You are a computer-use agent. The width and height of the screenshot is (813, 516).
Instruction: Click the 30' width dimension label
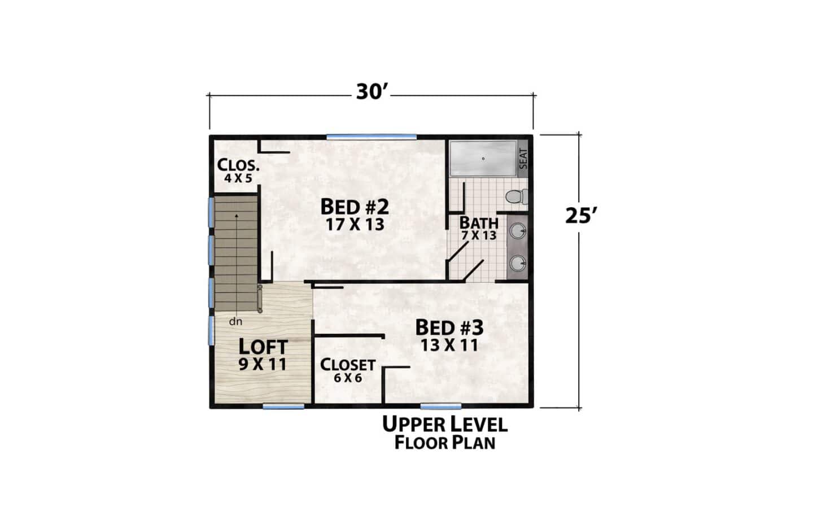pyautogui.click(x=372, y=92)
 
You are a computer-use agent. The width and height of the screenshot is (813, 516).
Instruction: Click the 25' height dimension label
pyautogui.click(x=581, y=216)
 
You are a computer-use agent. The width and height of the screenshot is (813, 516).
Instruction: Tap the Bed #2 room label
pyautogui.click(x=355, y=207)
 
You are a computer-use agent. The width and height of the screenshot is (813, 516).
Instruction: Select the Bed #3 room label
pyautogui.click(x=449, y=327)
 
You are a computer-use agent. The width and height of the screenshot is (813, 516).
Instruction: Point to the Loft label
pyautogui.click(x=263, y=347)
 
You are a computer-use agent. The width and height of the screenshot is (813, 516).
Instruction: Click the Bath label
pyautogui.click(x=479, y=222)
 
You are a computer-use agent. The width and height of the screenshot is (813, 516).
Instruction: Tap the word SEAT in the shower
pyautogui.click(x=523, y=159)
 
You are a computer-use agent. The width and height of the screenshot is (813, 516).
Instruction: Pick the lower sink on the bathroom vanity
pyautogui.click(x=518, y=263)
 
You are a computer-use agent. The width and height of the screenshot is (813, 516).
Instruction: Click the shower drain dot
pyautogui.click(x=483, y=159)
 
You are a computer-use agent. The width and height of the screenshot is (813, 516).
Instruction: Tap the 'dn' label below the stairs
pyautogui.click(x=235, y=321)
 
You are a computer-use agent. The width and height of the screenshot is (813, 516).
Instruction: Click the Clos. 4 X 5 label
pyautogui.click(x=238, y=170)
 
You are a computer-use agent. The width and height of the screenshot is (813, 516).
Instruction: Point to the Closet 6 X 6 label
pyautogui.click(x=348, y=370)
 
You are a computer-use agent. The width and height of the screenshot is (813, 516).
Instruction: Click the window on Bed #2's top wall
pyautogui.click(x=371, y=137)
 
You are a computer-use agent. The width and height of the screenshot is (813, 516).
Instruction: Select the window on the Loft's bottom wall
pyautogui.click(x=283, y=406)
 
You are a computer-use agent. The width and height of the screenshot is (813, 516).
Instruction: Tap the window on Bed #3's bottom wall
pyautogui.click(x=441, y=406)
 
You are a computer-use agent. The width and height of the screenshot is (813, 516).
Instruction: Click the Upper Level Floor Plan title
pyautogui.click(x=445, y=433)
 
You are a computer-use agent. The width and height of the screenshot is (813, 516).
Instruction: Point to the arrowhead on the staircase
pyautogui.click(x=237, y=216)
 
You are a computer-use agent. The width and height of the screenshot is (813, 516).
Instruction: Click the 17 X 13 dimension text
pyautogui.click(x=355, y=225)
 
